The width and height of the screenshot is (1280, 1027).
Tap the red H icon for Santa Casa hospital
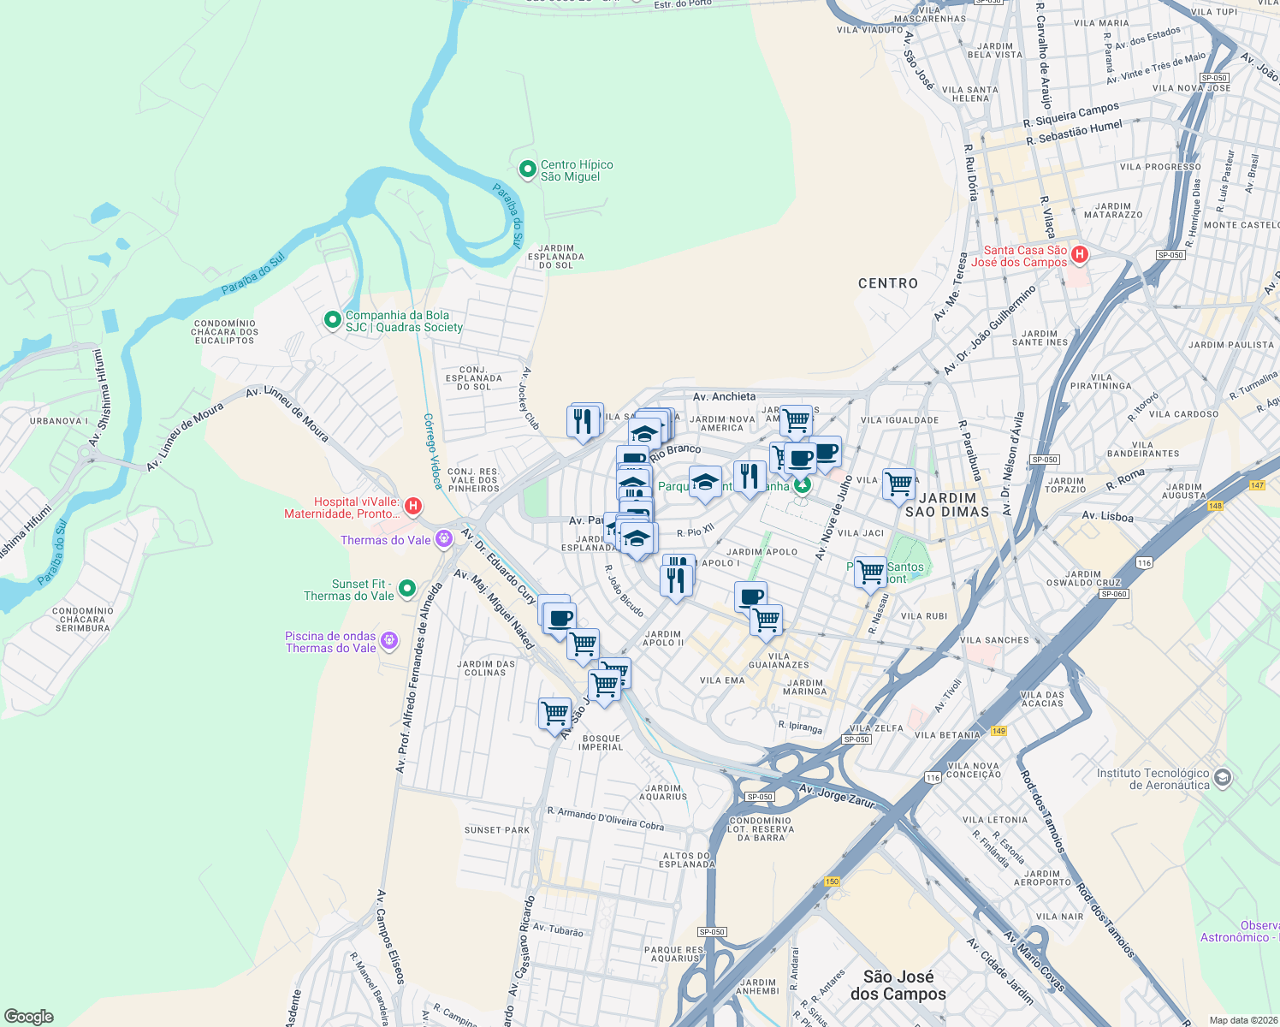(1080, 254)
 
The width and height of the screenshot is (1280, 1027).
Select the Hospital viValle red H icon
(413, 507)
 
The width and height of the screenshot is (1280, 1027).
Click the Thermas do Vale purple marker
(443, 539)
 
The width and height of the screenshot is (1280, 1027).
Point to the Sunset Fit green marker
(407, 588)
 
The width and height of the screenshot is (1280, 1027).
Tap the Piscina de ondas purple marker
(388, 640)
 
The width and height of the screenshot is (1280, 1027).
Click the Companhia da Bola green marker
(332, 320)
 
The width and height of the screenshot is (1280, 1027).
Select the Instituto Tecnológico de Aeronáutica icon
(1223, 777)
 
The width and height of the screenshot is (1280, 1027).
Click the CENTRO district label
(887, 283)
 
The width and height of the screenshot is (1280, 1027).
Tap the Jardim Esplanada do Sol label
(556, 257)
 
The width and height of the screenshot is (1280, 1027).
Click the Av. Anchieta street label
(724, 396)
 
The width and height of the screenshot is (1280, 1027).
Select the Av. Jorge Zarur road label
(837, 795)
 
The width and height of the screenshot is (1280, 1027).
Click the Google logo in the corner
(29, 1016)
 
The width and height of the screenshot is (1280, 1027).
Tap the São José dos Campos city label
(898, 985)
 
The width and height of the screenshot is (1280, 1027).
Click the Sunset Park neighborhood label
(497, 830)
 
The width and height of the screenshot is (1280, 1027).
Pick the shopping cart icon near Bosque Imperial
(554, 713)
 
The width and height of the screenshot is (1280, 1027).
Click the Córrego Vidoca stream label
(432, 451)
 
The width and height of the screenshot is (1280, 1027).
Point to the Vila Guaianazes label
(779, 660)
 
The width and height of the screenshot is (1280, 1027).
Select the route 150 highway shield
(832, 882)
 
